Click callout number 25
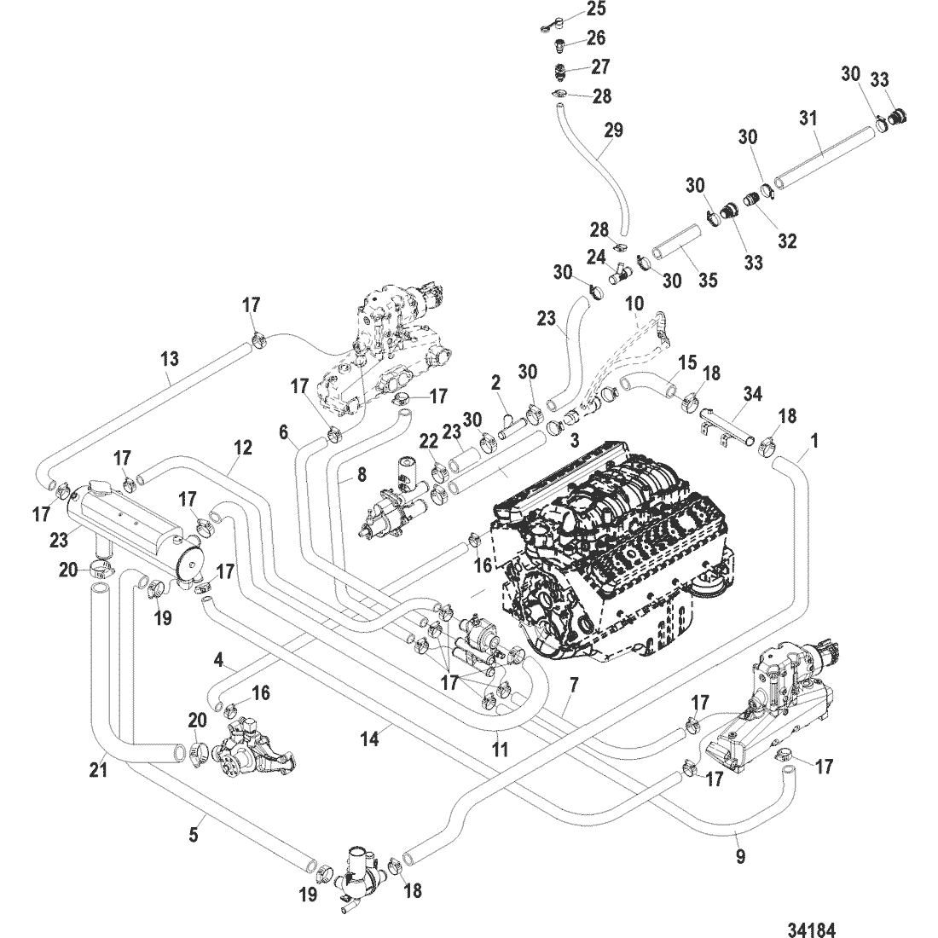pyautogui.click(x=595, y=10)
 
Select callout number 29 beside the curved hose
pyautogui.click(x=613, y=130)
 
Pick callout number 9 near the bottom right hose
pyautogui.click(x=740, y=855)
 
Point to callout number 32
pyautogui.click(x=786, y=241)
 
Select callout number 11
pyautogui.click(x=500, y=750)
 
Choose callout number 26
pyautogui.click(x=596, y=38)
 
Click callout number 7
pyautogui.click(x=573, y=685)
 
